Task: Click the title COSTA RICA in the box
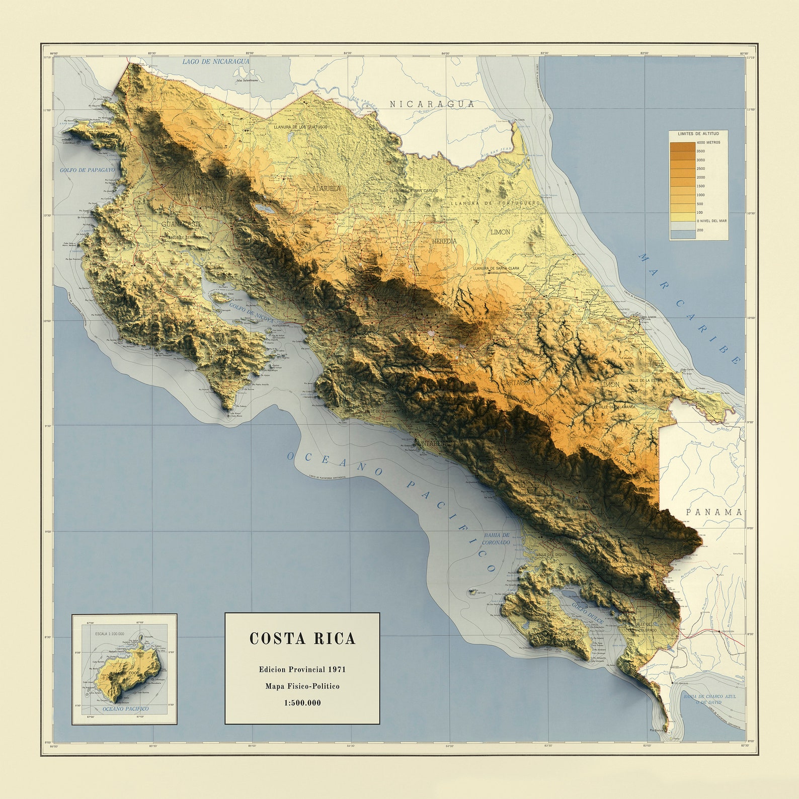302,639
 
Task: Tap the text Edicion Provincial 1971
302,670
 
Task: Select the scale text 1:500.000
302,703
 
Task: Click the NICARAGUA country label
432,104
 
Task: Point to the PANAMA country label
714,512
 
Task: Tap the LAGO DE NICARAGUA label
216,61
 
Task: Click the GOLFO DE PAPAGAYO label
87,170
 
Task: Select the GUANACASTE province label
182,224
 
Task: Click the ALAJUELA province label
326,189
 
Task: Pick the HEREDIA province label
444,242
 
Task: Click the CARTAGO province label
515,383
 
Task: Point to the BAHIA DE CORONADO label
496,539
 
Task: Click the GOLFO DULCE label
587,613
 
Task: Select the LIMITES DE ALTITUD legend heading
698,134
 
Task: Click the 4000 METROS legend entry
708,142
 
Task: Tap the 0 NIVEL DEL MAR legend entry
711,221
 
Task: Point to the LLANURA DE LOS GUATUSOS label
300,127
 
